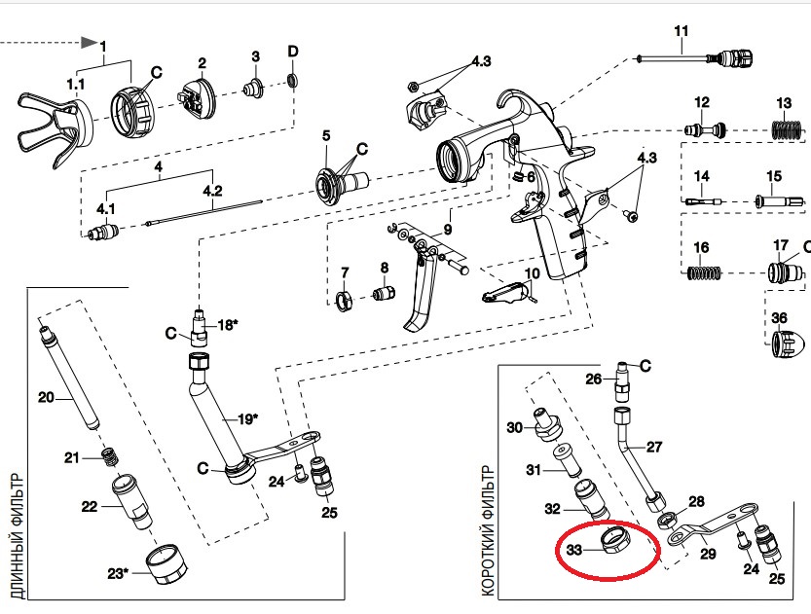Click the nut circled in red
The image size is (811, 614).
pyautogui.click(x=614, y=542)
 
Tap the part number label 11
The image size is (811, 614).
pyautogui.click(x=682, y=31)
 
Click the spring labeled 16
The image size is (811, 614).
pyautogui.click(x=704, y=272)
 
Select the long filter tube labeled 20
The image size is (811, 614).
pyautogui.click(x=69, y=376)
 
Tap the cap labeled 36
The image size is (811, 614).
pyautogui.click(x=788, y=343)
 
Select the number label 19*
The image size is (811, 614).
pyautogui.click(x=247, y=418)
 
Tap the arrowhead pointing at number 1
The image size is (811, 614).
pyautogui.click(x=89, y=43)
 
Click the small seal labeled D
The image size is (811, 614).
pyautogui.click(x=293, y=81)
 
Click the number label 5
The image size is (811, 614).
pyautogui.click(x=326, y=136)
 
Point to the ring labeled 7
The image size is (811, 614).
pyautogui.click(x=344, y=302)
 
